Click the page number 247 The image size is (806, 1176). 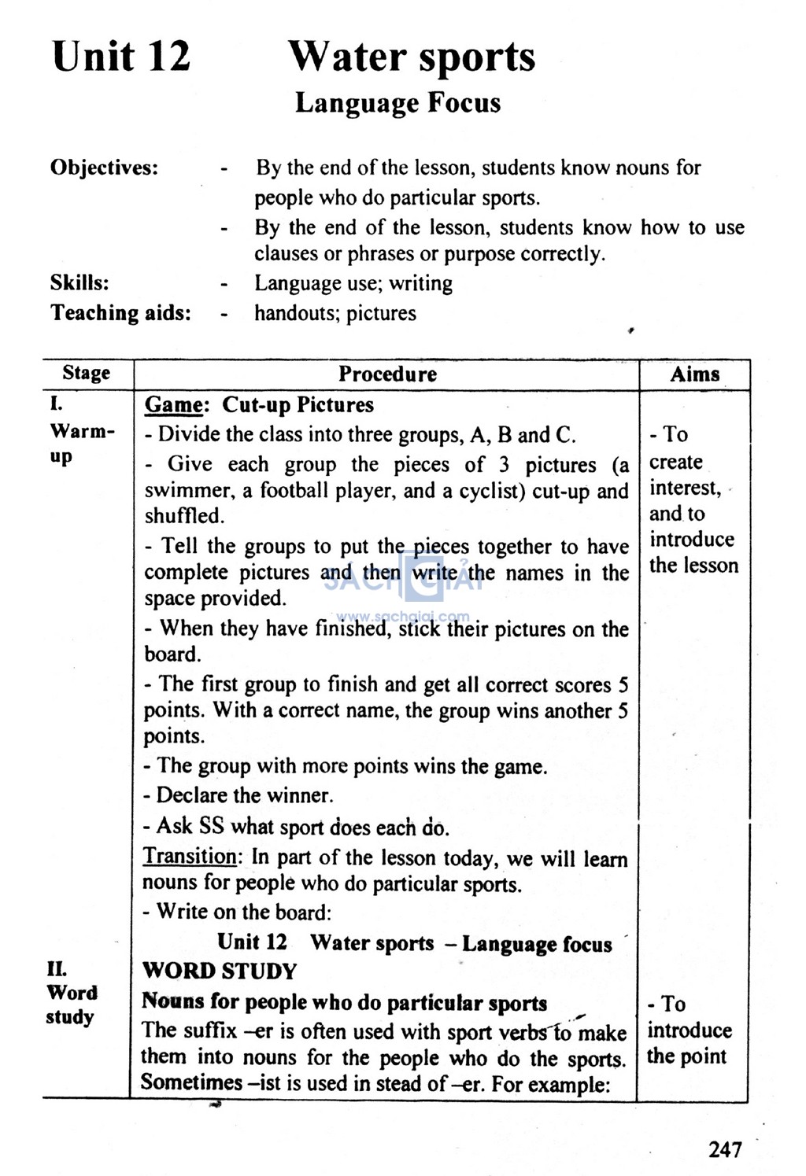click(x=724, y=1149)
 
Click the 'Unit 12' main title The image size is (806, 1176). click(x=121, y=57)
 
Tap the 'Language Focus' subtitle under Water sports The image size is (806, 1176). click(x=397, y=103)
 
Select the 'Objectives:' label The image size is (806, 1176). click(x=104, y=168)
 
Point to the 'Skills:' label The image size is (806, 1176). click(x=79, y=282)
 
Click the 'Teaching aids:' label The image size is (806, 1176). click(x=120, y=313)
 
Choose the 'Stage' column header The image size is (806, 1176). click(x=87, y=373)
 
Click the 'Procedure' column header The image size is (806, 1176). click(x=387, y=374)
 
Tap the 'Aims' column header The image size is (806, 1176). click(x=694, y=374)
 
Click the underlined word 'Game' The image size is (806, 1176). click(x=174, y=405)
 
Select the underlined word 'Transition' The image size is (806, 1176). click(x=189, y=856)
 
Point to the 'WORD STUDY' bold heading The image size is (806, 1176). click(x=220, y=971)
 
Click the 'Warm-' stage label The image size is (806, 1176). click(x=82, y=431)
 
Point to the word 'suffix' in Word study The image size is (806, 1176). click(x=210, y=1030)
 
